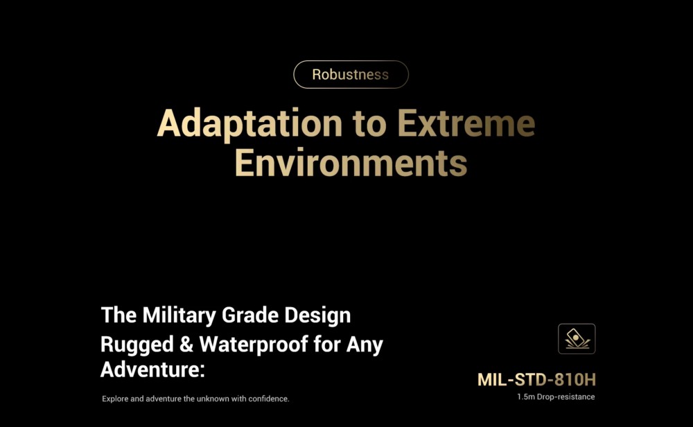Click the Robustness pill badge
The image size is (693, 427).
351,74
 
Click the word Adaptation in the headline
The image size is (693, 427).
249,123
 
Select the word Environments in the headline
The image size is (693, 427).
351,162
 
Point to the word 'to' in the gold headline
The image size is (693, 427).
369,124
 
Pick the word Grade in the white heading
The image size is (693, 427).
249,315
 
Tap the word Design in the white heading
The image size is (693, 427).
317,316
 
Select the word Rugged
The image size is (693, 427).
137,345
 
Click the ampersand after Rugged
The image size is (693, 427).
186,344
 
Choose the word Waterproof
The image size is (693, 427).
254,345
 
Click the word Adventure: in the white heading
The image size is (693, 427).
153,369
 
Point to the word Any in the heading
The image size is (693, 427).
365,345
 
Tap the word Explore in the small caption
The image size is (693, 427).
115,399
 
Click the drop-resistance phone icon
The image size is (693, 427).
577,339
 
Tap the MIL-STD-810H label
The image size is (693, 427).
536,380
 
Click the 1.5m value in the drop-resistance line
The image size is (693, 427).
526,397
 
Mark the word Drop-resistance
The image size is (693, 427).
565,397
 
